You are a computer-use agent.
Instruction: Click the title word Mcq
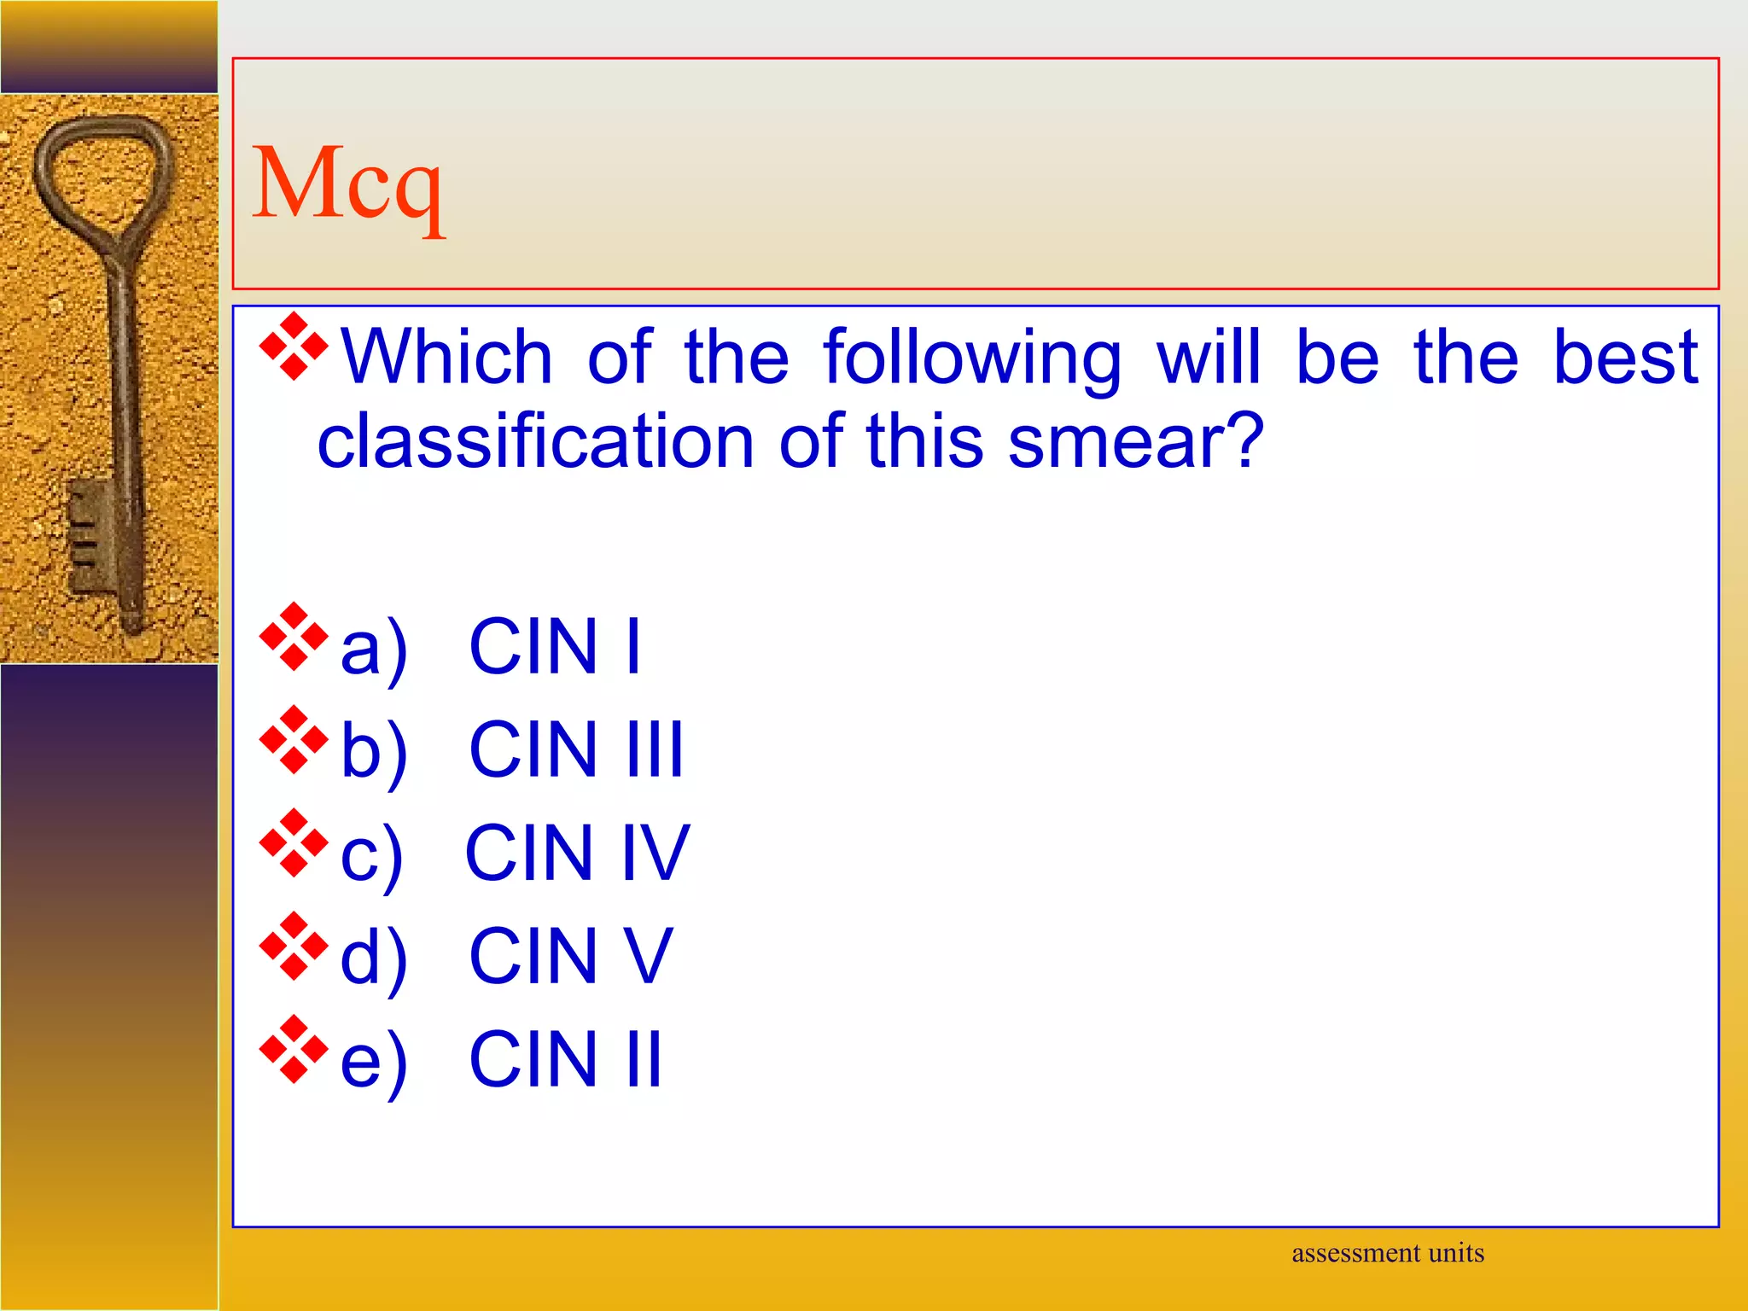(347, 184)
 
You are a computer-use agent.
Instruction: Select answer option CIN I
(555, 646)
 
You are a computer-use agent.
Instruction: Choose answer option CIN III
(576, 749)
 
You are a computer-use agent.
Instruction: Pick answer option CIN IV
(577, 853)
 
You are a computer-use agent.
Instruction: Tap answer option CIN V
(571, 956)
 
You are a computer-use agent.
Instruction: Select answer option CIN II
(565, 1059)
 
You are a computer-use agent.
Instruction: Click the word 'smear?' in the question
(1135, 441)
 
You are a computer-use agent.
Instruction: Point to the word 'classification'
(535, 441)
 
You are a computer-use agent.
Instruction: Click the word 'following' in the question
(972, 358)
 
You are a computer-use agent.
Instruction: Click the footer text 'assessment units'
(1387, 1253)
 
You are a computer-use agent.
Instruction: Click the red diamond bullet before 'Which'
(294, 347)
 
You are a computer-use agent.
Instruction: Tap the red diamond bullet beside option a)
(294, 637)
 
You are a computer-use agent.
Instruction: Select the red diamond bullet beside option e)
(294, 1049)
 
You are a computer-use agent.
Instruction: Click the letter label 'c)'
(371, 855)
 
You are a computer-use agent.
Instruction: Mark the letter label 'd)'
(373, 958)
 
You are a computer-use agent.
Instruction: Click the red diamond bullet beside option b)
(294, 740)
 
